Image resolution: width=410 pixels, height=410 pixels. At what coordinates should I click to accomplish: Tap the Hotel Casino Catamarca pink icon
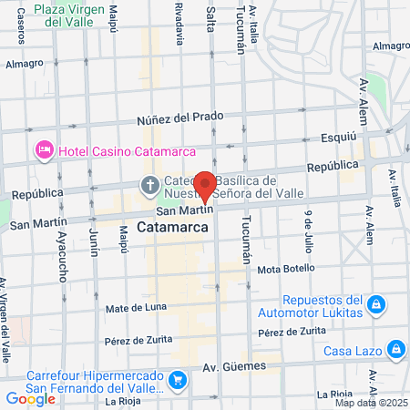43,149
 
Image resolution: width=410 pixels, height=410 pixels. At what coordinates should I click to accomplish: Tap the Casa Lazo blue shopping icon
396,349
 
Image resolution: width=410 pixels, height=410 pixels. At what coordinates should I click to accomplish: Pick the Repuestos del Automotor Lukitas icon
375,302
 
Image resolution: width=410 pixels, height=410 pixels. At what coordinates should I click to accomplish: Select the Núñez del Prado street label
180,118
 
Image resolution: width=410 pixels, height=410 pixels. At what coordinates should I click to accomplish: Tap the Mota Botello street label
285,270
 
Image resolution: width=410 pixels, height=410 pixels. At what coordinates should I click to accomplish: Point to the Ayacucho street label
63,255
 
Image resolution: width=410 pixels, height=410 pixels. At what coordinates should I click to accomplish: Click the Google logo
30,398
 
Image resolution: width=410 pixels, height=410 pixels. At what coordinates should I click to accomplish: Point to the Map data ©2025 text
370,403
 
